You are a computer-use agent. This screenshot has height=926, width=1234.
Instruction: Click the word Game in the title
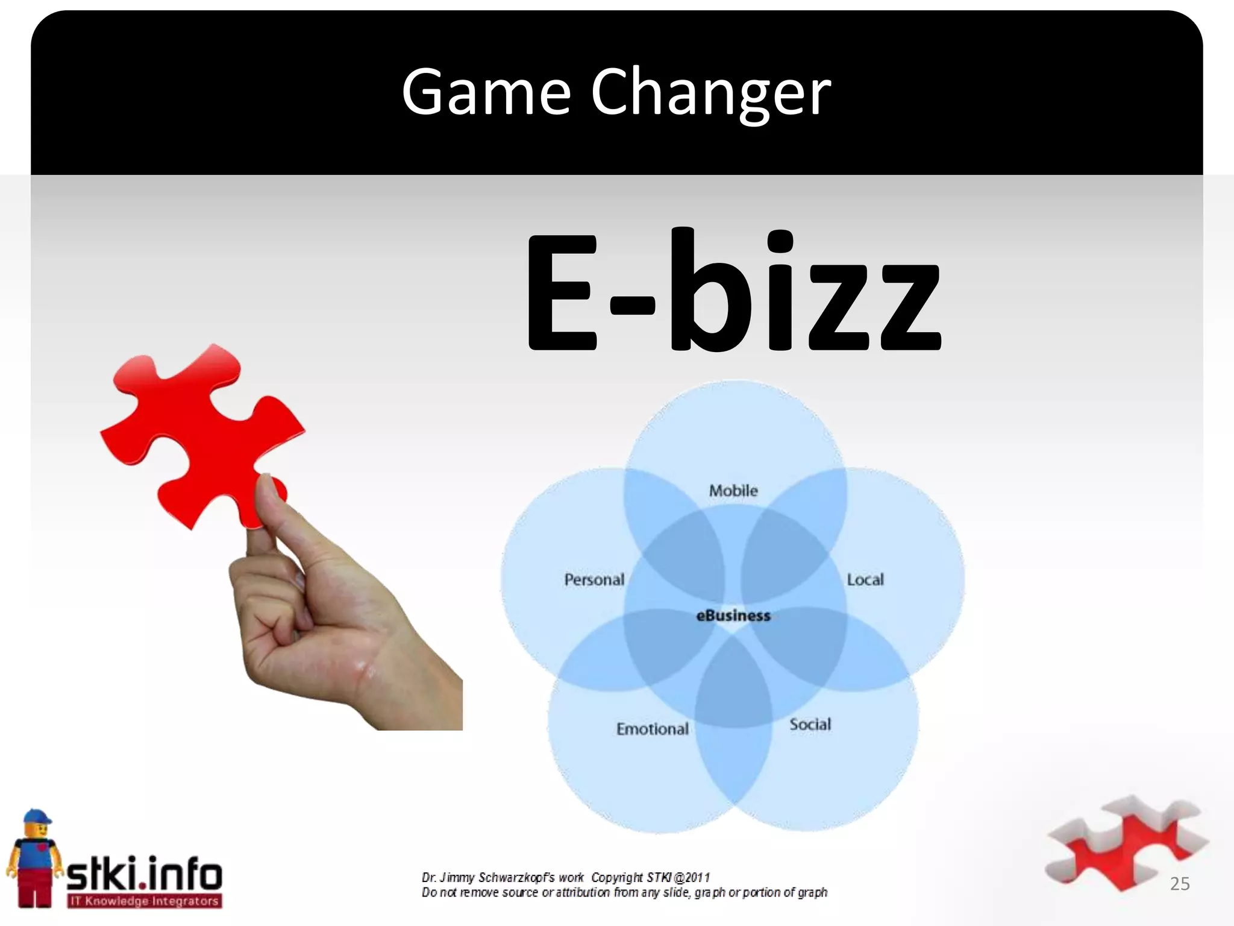coord(486,93)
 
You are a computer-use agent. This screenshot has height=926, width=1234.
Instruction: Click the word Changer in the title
coord(711,93)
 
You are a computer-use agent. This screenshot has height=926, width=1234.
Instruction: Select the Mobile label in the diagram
coord(733,491)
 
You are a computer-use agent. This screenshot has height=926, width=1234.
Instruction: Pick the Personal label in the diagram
coord(594,580)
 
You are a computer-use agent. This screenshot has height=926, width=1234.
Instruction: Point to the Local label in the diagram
coord(865,580)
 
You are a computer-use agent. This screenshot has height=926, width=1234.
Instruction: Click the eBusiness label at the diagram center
coord(733,616)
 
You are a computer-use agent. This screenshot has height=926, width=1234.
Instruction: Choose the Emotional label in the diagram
coord(652,729)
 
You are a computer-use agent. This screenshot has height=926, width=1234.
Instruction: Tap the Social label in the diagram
coord(810,724)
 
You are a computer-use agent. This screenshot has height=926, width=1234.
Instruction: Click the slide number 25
coord(1180,884)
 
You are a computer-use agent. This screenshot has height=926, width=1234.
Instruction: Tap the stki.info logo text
coord(145,875)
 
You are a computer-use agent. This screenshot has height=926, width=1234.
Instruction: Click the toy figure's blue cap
coord(36,817)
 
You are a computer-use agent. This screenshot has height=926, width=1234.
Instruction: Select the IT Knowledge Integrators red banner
coord(145,901)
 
